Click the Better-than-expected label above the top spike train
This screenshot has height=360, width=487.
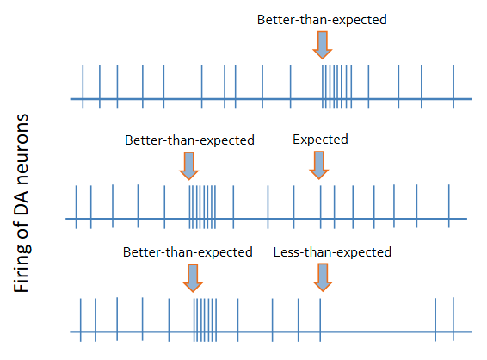click(322, 19)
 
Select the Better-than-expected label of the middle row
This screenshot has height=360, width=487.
click(190, 139)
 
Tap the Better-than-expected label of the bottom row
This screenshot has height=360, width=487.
click(188, 252)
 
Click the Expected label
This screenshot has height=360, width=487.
click(320, 138)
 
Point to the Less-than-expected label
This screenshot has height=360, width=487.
click(332, 252)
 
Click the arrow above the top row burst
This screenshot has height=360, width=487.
click(323, 44)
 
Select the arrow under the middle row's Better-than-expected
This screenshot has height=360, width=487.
click(189, 163)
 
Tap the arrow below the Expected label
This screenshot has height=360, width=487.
click(320, 163)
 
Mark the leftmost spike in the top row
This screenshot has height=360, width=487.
click(83, 85)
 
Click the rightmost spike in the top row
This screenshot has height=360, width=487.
click(453, 85)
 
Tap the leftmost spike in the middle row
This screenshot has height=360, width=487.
click(77, 207)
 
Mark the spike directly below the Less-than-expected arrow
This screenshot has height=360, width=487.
click(320, 318)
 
